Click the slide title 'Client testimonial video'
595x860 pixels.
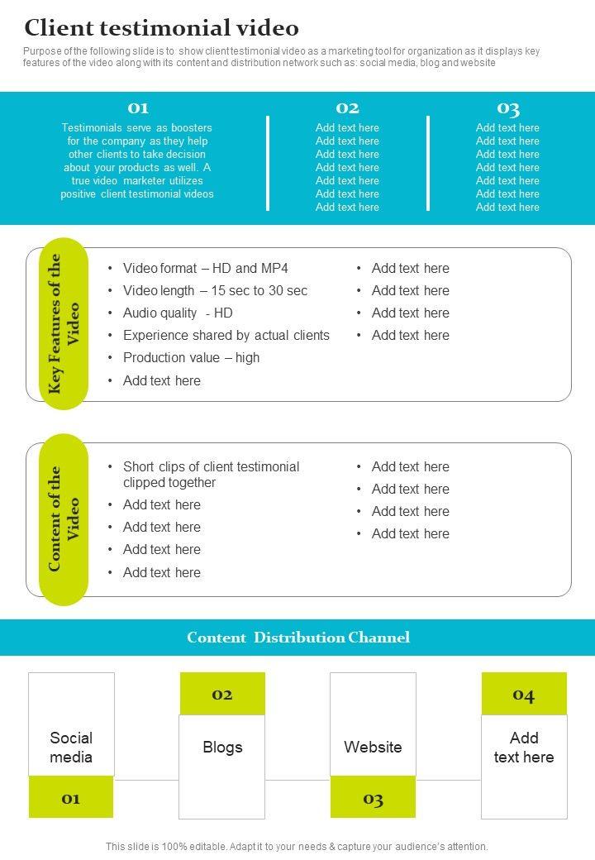click(x=161, y=28)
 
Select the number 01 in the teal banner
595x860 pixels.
click(x=137, y=108)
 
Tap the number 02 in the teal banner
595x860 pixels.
click(x=347, y=108)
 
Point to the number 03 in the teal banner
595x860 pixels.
click(x=507, y=108)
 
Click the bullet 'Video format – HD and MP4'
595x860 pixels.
click(x=205, y=268)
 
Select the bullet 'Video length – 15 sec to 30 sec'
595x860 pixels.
click(x=215, y=290)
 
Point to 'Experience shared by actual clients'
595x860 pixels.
click(x=226, y=335)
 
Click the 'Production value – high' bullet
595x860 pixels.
click(x=191, y=357)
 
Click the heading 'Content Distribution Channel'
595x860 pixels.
click(x=297, y=638)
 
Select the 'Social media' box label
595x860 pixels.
click(x=71, y=747)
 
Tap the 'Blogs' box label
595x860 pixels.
click(x=222, y=747)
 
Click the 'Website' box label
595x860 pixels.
click(x=373, y=747)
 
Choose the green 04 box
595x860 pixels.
click(x=524, y=695)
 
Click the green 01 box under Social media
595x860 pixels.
click(x=71, y=798)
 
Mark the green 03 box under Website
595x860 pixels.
click(x=373, y=798)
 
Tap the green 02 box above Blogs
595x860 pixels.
click(x=222, y=695)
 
